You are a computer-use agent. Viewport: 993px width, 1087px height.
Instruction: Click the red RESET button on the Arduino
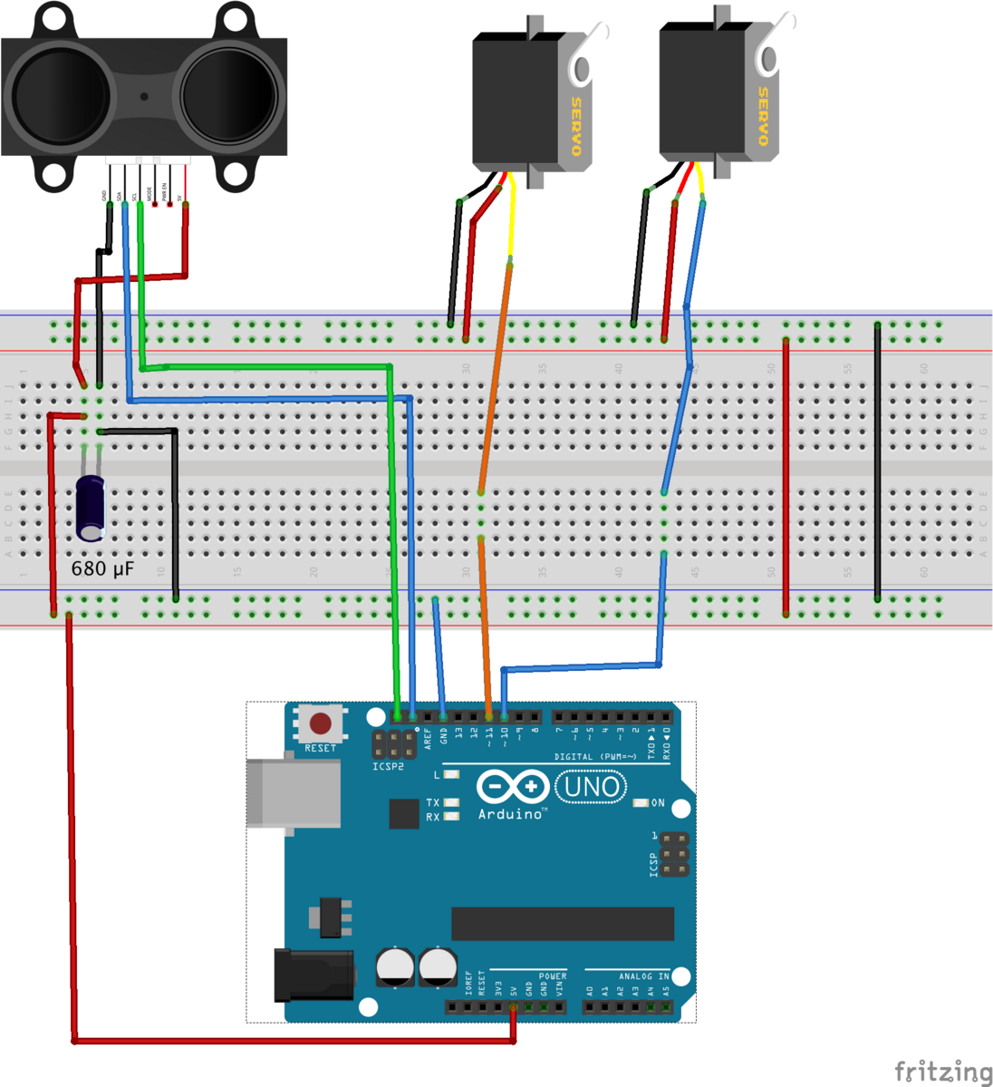(x=320, y=723)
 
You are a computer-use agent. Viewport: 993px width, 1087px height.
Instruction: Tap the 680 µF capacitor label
(x=103, y=569)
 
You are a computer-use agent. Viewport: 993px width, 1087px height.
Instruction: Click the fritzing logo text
(x=942, y=1072)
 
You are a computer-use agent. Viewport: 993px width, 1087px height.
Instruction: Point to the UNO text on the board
(x=592, y=786)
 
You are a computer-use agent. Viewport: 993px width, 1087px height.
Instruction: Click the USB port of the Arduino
(x=293, y=792)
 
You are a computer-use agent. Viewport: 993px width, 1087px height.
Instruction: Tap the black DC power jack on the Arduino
(x=313, y=975)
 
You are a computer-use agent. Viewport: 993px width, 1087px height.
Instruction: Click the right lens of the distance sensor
(x=228, y=95)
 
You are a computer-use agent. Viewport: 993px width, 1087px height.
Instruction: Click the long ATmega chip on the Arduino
(x=562, y=924)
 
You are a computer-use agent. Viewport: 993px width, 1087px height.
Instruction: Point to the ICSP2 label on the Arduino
(x=389, y=767)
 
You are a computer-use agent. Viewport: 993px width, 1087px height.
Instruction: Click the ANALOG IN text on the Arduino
(x=643, y=976)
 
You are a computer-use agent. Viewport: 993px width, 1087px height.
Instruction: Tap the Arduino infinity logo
(x=512, y=786)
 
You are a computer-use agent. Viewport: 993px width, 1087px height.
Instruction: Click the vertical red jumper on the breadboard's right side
(x=786, y=477)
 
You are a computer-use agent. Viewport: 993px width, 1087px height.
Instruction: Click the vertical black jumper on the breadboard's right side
(x=877, y=461)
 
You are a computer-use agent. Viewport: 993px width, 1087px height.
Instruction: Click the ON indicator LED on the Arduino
(x=641, y=803)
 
